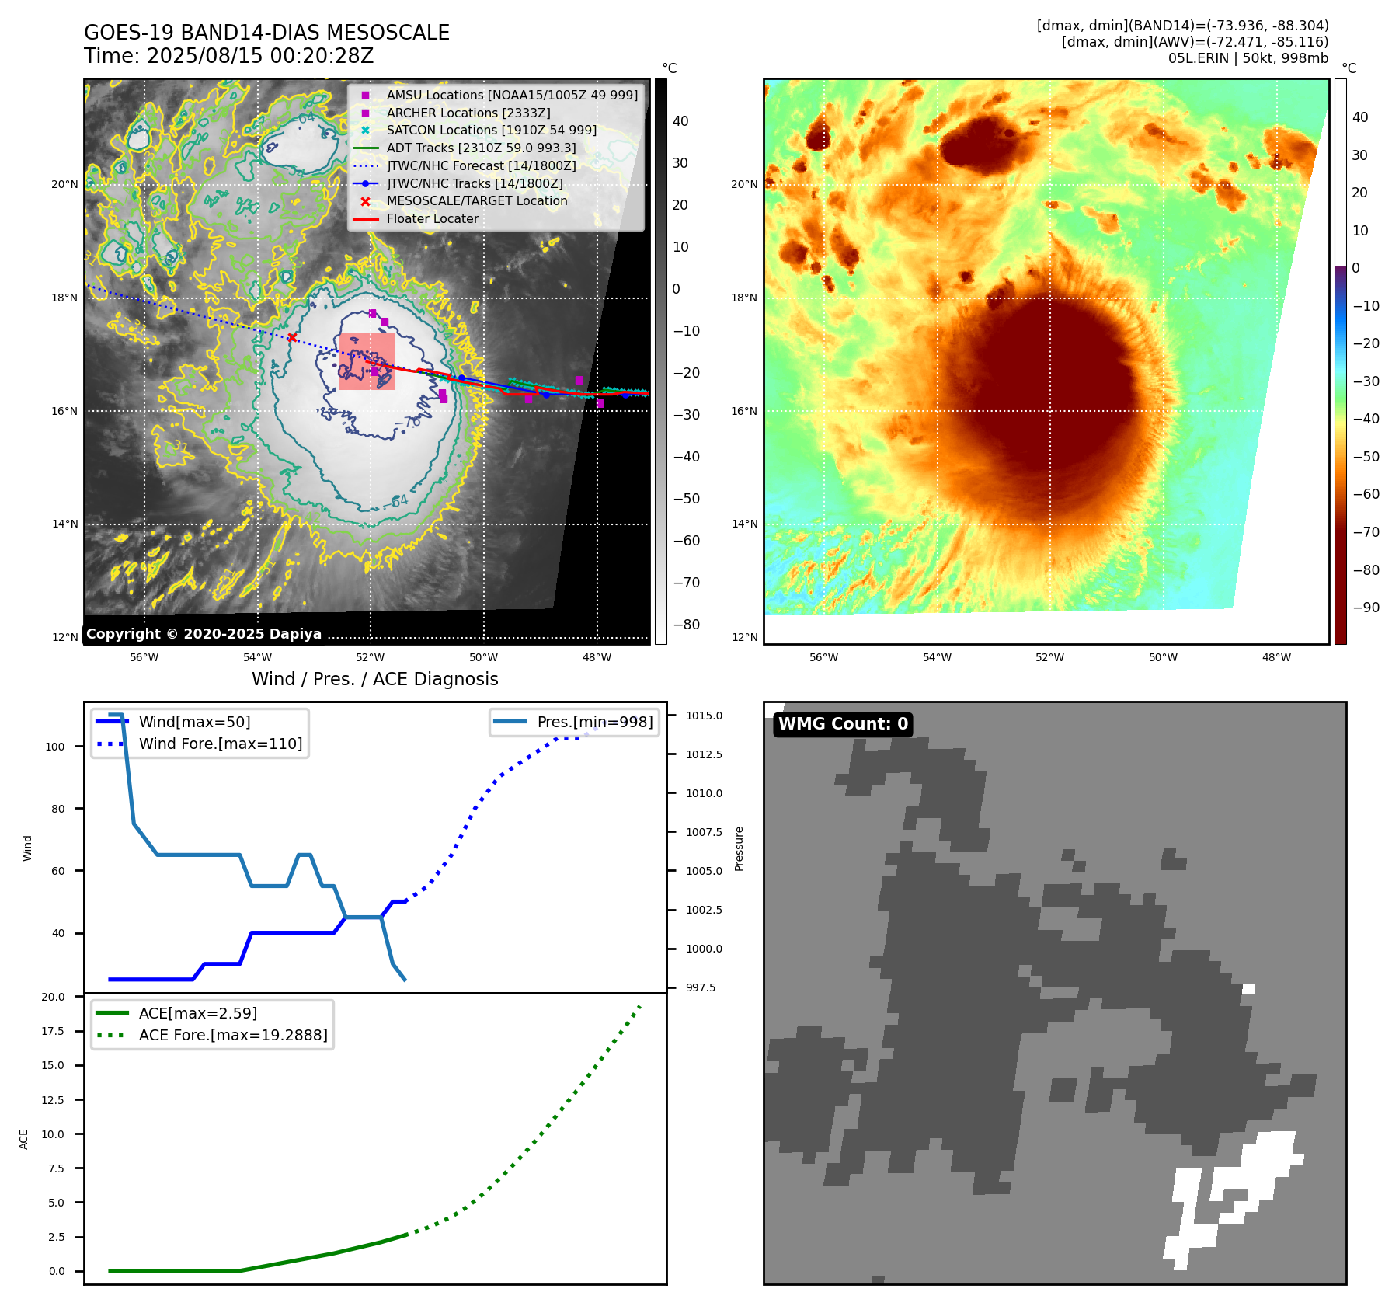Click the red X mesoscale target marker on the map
coord(292,337)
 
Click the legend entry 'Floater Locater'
coord(432,219)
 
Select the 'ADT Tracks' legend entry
coord(481,148)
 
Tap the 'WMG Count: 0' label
coord(843,724)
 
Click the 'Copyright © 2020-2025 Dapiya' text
coord(204,634)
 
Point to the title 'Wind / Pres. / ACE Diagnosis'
coord(374,679)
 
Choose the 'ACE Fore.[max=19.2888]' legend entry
coord(232,1035)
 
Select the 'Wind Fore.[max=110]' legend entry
coord(220,744)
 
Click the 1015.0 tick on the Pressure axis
coord(704,716)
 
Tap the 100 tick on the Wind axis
coord(55,747)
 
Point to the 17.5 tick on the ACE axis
coord(53,1031)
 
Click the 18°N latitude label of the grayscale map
coord(64,298)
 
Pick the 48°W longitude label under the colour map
coord(1276,657)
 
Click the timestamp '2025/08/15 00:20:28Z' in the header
coord(260,56)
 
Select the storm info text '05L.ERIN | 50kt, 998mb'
coord(1248,58)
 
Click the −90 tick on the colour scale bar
coord(1366,608)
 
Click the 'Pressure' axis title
coord(739,848)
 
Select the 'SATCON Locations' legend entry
coord(491,130)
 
